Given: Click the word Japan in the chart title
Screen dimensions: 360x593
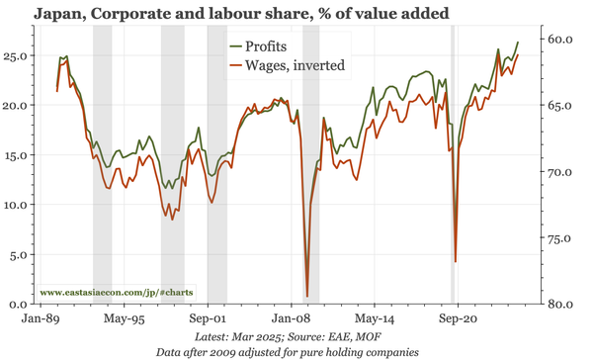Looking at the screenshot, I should (x=63, y=14).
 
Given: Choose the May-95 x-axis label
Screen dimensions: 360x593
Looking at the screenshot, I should (x=125, y=320).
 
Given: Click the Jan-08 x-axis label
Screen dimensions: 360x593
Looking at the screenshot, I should (x=293, y=320).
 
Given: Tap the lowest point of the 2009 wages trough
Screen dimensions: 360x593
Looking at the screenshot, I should (x=307, y=296).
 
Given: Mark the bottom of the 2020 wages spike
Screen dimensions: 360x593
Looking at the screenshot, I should (x=456, y=262).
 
